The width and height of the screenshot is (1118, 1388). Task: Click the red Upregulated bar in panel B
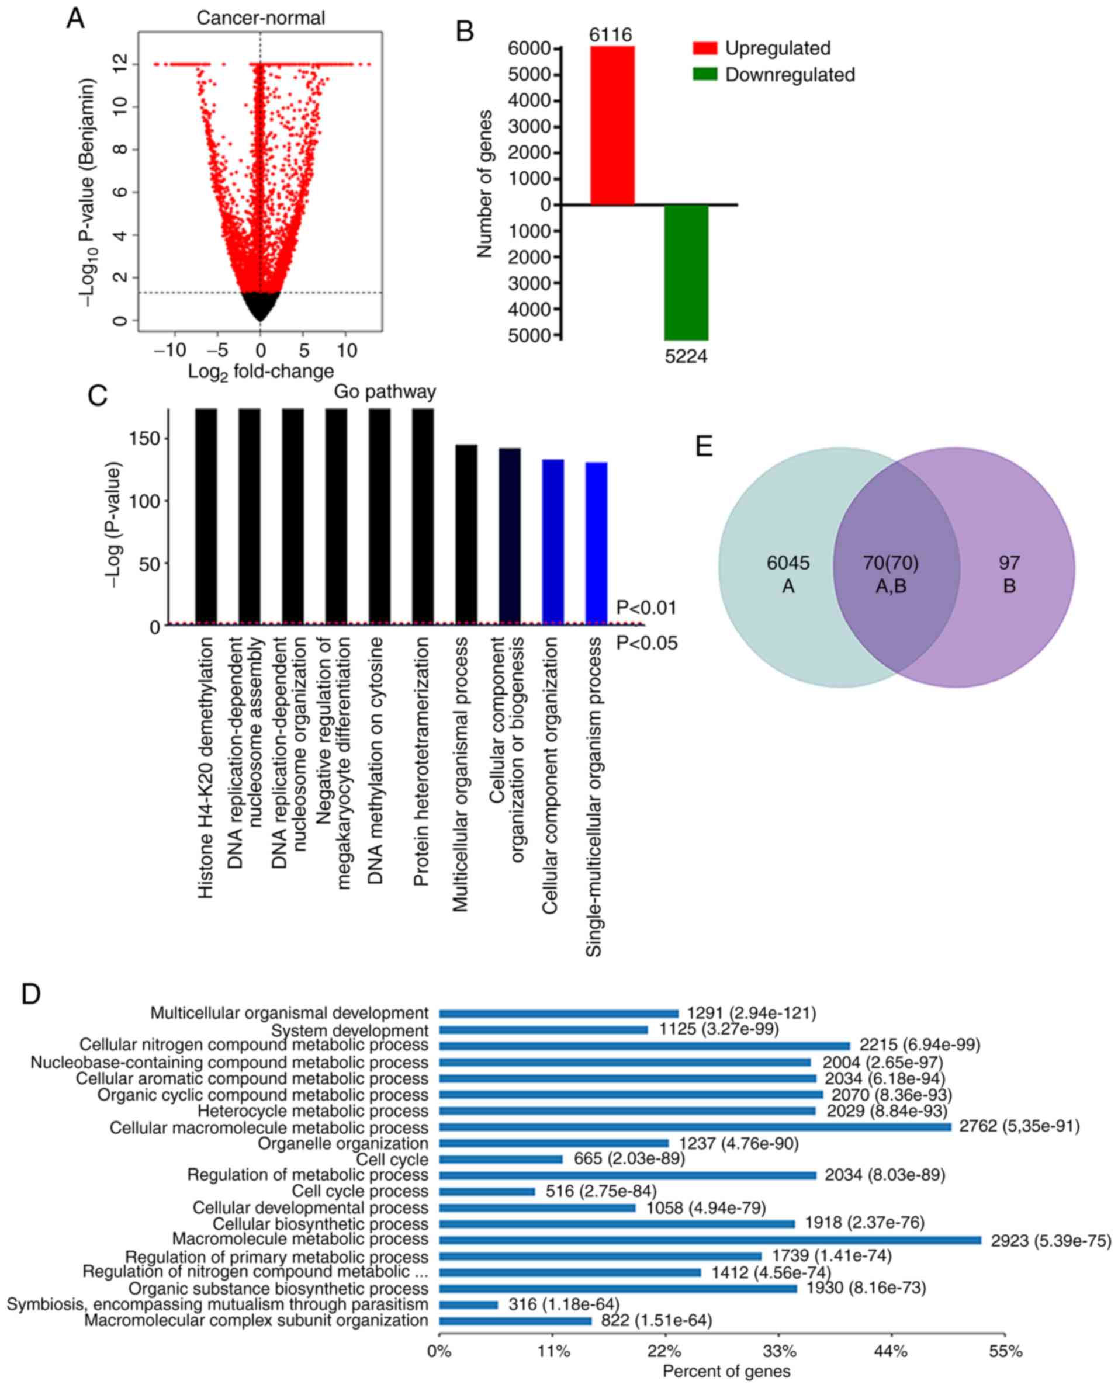(612, 126)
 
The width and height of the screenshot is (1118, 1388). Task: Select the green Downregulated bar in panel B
(686, 272)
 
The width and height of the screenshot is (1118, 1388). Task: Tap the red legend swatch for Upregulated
(705, 48)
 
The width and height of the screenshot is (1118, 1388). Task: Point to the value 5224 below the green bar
(686, 356)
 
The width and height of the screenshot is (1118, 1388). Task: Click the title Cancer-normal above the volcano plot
(260, 18)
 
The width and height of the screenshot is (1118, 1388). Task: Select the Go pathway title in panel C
(385, 391)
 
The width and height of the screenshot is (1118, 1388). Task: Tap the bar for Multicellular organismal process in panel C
(466, 535)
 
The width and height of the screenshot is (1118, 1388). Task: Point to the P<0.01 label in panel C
(646, 607)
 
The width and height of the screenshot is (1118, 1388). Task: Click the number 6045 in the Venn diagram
(788, 563)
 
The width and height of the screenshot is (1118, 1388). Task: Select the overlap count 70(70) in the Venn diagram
(891, 563)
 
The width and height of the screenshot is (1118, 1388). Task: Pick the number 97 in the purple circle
(1009, 563)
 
